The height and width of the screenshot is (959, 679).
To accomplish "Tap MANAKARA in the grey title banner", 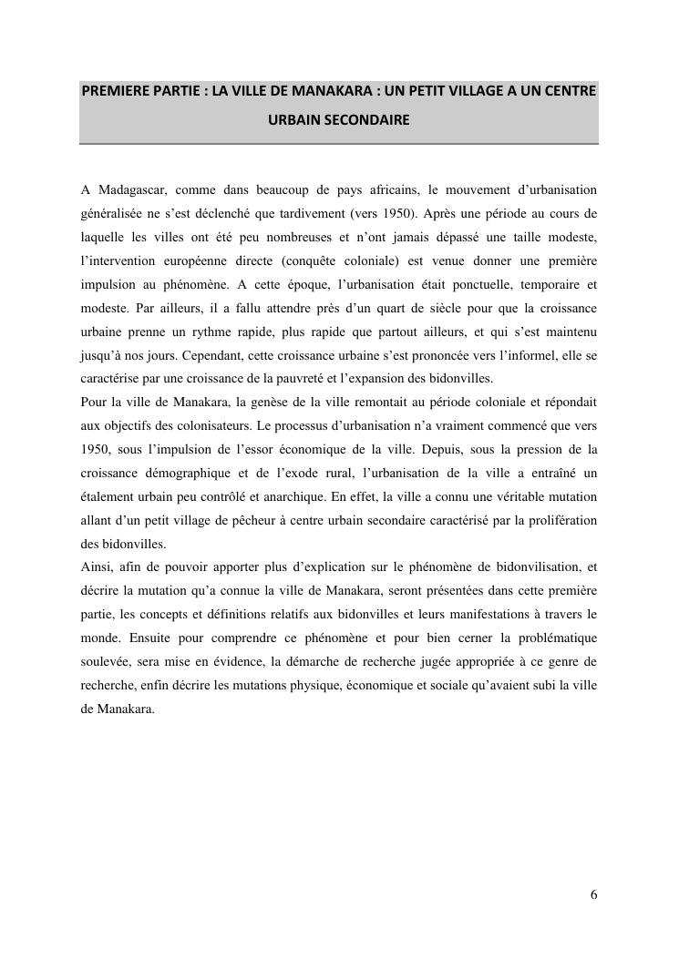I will [333, 92].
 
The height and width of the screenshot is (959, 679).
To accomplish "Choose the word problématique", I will [556, 639].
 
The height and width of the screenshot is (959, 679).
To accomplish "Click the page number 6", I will [593, 895].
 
